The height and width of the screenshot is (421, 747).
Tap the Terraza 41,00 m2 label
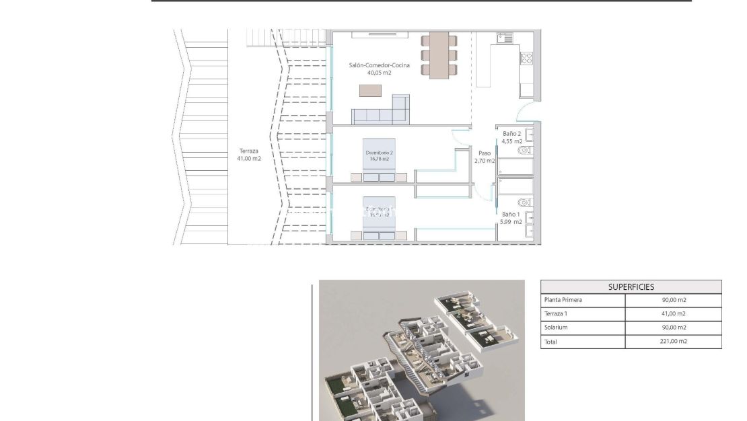point(249,155)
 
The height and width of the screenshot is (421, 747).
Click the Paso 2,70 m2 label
point(484,157)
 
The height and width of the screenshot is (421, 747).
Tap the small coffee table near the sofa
point(370,90)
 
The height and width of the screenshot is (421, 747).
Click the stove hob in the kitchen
point(526,59)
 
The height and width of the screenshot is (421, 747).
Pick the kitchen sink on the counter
point(504,38)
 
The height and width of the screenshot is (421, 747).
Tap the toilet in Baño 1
point(524,202)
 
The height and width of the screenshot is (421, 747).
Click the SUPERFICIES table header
point(631,286)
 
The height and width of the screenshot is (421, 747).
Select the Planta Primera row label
point(563,300)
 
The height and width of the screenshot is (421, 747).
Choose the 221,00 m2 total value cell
point(674,342)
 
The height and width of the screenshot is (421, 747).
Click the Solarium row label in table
point(556,328)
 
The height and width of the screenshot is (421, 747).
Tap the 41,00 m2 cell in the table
point(674,314)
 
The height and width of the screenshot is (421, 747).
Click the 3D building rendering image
point(421,350)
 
